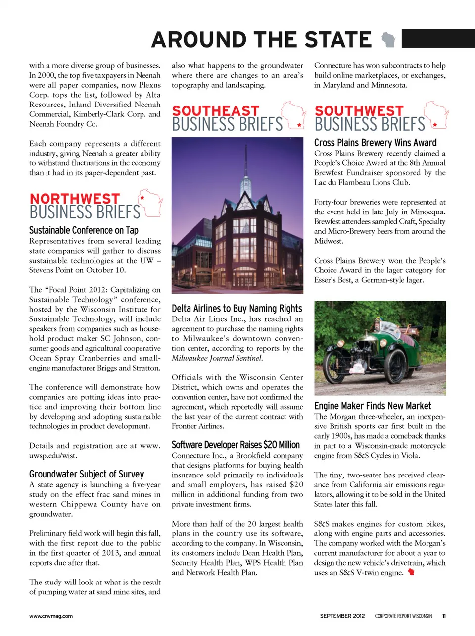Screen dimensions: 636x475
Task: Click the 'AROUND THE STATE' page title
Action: click(x=261, y=40)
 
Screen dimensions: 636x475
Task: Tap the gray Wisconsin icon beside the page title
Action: click(x=389, y=40)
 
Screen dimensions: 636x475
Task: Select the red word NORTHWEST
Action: click(x=75, y=199)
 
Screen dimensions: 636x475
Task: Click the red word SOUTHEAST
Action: click(x=216, y=111)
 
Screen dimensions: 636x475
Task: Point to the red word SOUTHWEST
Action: click(x=359, y=111)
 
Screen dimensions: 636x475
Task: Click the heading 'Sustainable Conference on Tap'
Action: click(x=84, y=230)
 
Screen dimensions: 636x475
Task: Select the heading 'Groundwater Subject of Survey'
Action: click(x=87, y=474)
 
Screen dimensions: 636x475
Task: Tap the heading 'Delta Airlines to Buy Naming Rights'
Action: click(x=237, y=308)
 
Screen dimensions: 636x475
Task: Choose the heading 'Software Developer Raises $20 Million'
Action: click(x=236, y=445)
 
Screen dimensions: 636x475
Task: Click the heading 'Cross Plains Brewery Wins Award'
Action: click(x=375, y=143)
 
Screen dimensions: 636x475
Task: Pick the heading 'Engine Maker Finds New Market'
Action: click(x=373, y=406)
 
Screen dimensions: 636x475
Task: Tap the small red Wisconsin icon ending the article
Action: click(x=411, y=572)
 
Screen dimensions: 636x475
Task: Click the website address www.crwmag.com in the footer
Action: click(x=51, y=616)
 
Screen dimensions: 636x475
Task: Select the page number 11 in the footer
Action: click(x=444, y=616)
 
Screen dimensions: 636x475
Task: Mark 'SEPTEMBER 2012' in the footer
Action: click(x=342, y=616)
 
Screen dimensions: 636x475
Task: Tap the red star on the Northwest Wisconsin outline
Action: click(x=142, y=198)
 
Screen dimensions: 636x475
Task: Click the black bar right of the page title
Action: click(x=438, y=39)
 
